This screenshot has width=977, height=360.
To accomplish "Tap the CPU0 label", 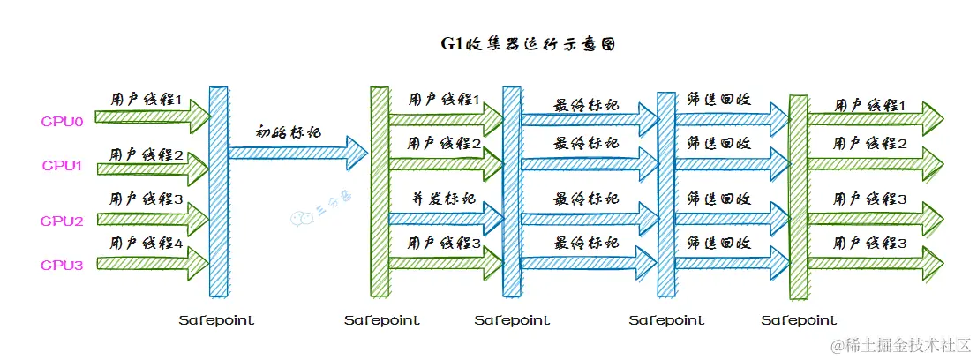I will click(62, 121).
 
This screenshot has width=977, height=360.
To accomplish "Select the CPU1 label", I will click(62, 165).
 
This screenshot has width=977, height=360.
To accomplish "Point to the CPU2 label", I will click(62, 221).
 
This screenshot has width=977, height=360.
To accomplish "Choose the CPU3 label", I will click(62, 264).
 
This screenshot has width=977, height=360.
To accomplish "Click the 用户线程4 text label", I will click(146, 243).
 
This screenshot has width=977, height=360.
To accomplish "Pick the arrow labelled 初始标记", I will click(297, 153).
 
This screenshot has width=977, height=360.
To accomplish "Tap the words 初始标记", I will click(288, 132).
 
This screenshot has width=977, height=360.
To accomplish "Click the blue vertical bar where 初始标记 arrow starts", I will click(218, 190).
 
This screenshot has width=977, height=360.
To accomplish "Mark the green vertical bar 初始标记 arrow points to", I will click(379, 190).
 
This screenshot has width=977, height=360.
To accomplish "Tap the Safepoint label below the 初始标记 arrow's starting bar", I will click(216, 320).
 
